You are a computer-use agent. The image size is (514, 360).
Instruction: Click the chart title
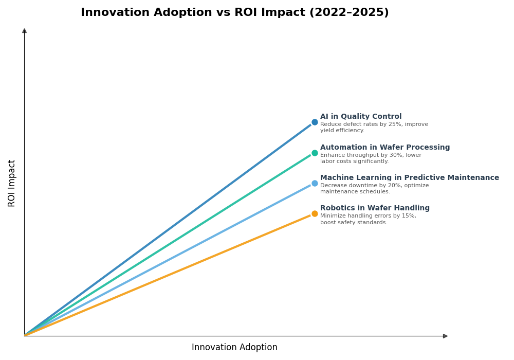pyautogui.click(x=234, y=13)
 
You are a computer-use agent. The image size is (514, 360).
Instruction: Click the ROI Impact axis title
pyautogui.click(x=12, y=183)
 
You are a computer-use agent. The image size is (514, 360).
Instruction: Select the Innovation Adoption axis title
pyautogui.click(x=234, y=348)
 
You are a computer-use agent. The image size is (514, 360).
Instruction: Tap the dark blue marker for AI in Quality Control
pyautogui.click(x=315, y=122)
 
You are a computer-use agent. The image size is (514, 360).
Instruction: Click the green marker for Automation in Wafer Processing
pyautogui.click(x=315, y=153)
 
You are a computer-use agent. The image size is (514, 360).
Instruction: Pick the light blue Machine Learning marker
pyautogui.click(x=315, y=183)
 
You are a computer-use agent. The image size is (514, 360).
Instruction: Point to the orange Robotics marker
pyautogui.click(x=315, y=213)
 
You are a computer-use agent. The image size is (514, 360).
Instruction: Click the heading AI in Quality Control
pyautogui.click(x=361, y=117)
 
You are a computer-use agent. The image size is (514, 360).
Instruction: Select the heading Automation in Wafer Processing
pyautogui.click(x=385, y=148)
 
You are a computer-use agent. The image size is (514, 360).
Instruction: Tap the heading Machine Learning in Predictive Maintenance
pyautogui.click(x=410, y=178)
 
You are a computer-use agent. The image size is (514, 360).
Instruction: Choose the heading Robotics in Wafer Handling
pyautogui.click(x=375, y=208)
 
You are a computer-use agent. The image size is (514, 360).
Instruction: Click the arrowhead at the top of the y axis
pyautogui.click(x=24, y=31)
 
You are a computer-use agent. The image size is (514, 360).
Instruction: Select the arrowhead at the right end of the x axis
pyautogui.click(x=445, y=336)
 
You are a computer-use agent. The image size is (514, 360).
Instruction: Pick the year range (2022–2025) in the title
pyautogui.click(x=349, y=13)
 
